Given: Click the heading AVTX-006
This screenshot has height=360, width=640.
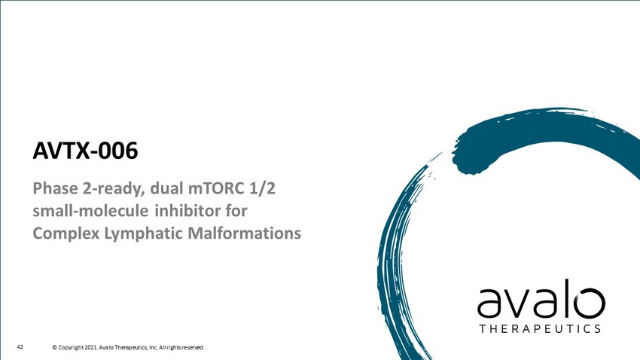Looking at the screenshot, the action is coord(85,151).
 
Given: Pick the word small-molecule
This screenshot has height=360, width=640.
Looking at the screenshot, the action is coord(90,211).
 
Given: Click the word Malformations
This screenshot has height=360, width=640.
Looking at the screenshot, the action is coord(244,233).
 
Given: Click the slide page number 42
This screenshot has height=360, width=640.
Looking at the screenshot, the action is coord(20,347).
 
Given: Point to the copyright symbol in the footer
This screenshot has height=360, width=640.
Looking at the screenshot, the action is coord(54,348).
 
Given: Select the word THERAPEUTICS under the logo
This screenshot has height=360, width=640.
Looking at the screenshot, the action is coord(540,328).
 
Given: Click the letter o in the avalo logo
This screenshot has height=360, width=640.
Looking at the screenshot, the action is coord(590,304).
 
